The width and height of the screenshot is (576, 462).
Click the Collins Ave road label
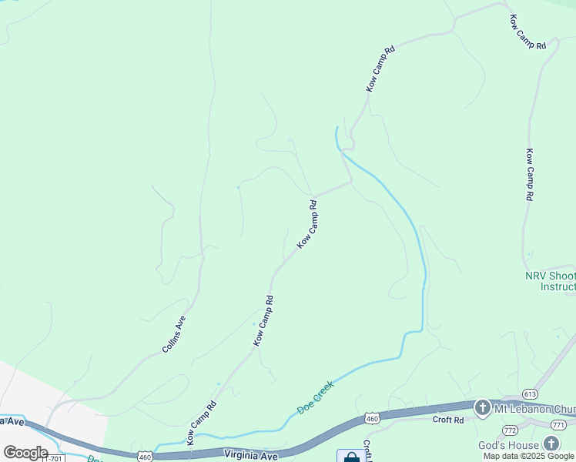174,334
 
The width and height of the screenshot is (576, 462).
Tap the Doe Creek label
316,397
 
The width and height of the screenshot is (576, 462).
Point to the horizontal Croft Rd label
447,420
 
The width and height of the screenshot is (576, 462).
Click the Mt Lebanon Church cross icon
482,407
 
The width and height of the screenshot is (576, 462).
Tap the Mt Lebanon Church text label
534,407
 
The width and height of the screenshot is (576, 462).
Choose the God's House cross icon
551,444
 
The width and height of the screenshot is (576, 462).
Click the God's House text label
519,445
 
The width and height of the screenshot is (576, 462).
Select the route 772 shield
510,429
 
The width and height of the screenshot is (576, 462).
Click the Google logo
25,453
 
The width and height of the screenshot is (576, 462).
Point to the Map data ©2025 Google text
528,456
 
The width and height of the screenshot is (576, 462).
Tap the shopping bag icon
351,457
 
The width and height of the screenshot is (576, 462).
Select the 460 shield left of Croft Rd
373,418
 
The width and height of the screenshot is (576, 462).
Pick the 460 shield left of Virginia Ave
146,457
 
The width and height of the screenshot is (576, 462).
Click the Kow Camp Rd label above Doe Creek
202,423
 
